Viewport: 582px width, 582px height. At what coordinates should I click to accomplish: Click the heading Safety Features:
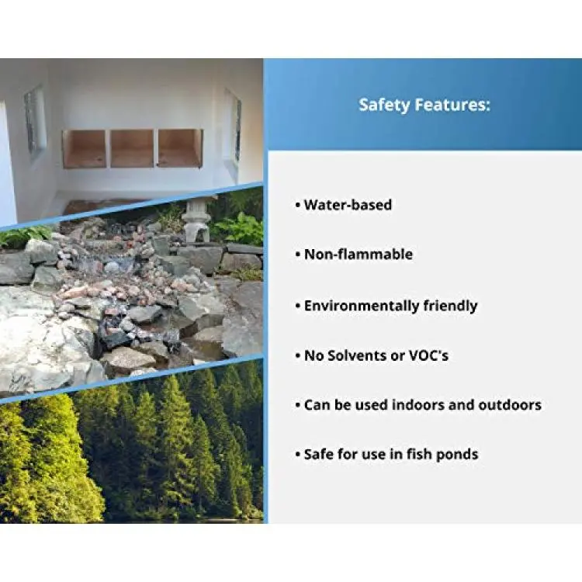click(x=424, y=105)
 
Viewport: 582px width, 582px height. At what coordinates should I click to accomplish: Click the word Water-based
click(x=348, y=205)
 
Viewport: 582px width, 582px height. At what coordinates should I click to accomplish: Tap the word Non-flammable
click(x=359, y=255)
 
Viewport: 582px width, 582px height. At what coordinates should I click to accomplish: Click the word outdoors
click(x=510, y=404)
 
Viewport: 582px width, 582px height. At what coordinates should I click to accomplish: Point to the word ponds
click(x=457, y=455)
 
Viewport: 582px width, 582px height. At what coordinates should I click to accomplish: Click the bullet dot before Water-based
click(x=298, y=205)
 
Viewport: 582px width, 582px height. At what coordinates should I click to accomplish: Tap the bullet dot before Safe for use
click(x=298, y=454)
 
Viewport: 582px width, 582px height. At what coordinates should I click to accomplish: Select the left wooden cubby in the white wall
click(x=85, y=149)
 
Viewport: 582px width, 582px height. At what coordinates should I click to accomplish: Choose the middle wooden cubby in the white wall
click(x=132, y=148)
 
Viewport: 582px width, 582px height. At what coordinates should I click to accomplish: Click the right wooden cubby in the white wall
click(x=180, y=147)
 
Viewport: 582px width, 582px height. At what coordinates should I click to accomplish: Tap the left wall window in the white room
click(x=35, y=120)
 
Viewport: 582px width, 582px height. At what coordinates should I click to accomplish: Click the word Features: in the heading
click(x=452, y=105)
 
